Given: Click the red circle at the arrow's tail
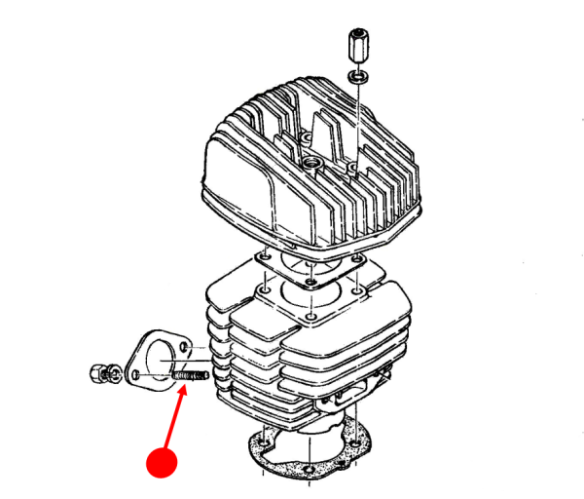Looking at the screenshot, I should click(160, 459).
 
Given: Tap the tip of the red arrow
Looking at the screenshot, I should click(186, 386).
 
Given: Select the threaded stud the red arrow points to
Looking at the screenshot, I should click(190, 375).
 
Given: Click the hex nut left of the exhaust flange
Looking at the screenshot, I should click(99, 370).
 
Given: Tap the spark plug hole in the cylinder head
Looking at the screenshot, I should click(311, 160).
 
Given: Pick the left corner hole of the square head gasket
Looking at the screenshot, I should click(260, 256).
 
